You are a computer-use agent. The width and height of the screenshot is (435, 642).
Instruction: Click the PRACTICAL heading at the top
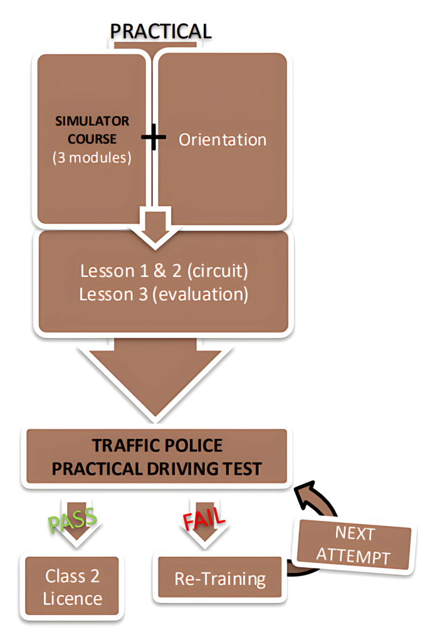pos(160,31)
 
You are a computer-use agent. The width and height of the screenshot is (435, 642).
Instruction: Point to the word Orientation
pos(223,139)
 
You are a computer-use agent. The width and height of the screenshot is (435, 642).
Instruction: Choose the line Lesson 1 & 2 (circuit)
pos(164,272)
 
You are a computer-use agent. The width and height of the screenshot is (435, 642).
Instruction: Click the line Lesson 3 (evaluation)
pos(164,294)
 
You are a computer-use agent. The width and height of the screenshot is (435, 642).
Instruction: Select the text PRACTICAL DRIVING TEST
pos(157,469)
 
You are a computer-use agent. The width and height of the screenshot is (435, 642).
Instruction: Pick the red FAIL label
pos(203,520)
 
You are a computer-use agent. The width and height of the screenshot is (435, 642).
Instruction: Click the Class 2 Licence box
pos(73,587)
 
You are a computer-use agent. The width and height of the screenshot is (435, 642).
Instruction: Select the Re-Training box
pos(219,578)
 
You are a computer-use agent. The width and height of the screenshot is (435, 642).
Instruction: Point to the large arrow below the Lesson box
pos(157,376)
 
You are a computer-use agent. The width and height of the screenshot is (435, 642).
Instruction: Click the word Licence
pos(73,598)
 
